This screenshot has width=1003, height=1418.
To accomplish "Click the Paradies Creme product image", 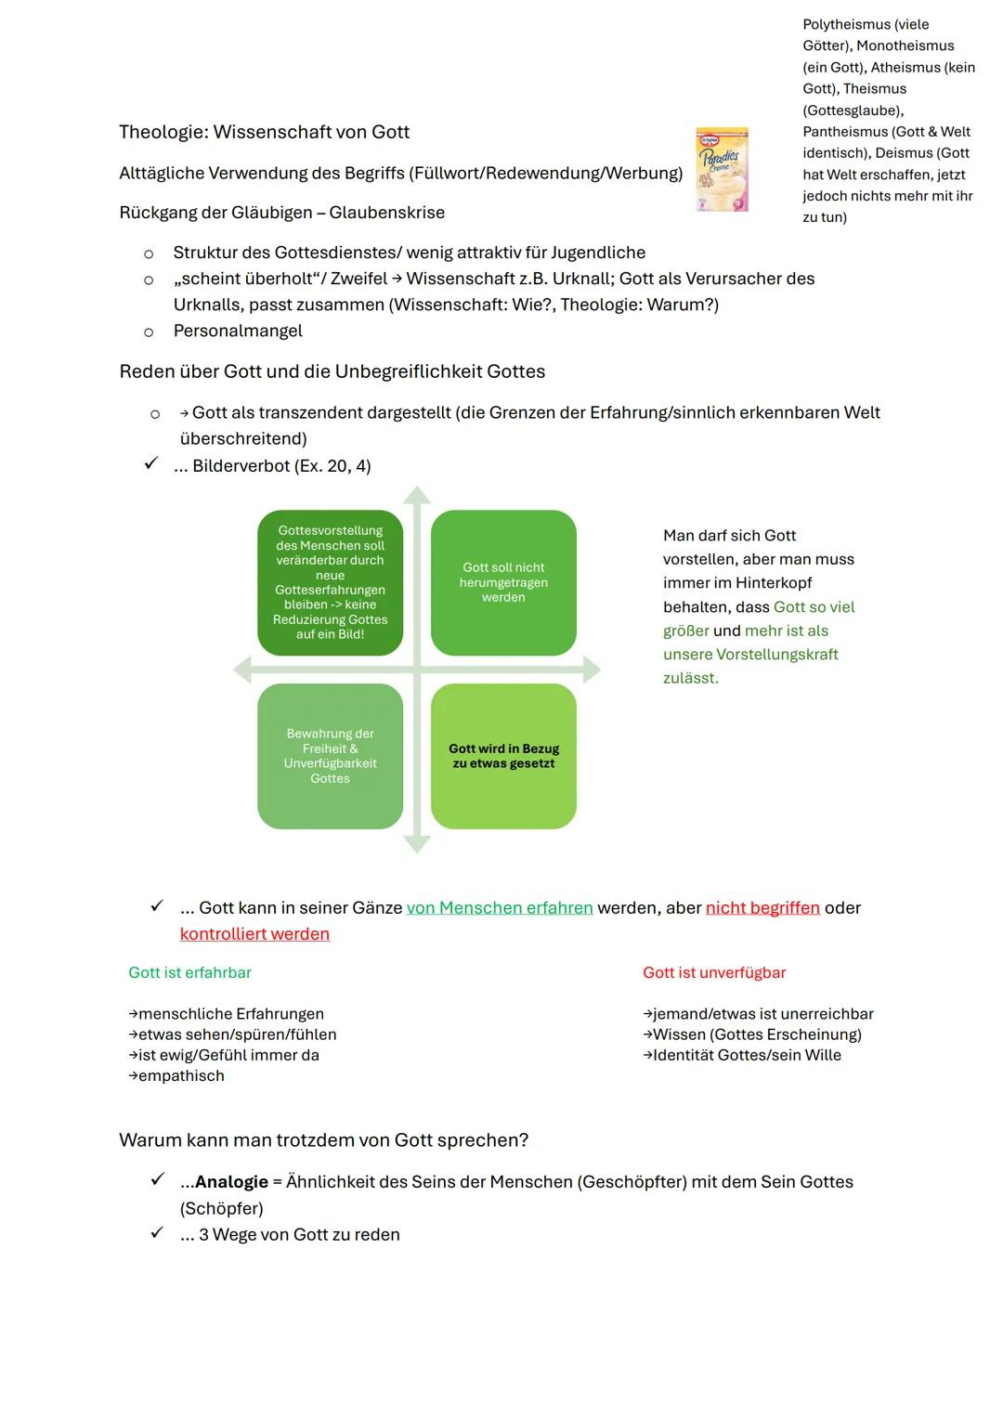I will tap(722, 170).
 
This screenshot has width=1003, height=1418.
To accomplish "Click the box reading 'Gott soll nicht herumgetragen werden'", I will tap(503, 582).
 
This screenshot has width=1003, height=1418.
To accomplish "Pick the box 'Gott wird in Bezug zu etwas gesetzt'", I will tap(503, 756).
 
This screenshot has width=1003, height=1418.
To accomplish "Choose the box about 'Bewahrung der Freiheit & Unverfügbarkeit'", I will tap(330, 756).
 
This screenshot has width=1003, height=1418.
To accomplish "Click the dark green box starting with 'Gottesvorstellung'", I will tap(330, 582).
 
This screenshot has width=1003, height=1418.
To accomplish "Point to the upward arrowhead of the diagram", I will tap(417, 494).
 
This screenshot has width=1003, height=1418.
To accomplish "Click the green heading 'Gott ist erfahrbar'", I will tap(189, 972).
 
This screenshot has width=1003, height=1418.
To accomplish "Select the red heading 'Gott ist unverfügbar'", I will tap(713, 972).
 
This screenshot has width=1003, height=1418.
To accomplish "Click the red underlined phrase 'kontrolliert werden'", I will tap(254, 934).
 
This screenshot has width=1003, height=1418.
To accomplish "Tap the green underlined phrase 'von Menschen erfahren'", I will tap(500, 907).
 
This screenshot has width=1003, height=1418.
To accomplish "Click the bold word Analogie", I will tap(231, 1182).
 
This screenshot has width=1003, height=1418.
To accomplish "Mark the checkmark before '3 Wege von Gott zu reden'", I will tap(157, 1233).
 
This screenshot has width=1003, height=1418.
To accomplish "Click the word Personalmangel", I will tap(238, 331).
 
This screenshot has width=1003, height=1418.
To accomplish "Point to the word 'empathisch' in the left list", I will tap(181, 1076).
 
